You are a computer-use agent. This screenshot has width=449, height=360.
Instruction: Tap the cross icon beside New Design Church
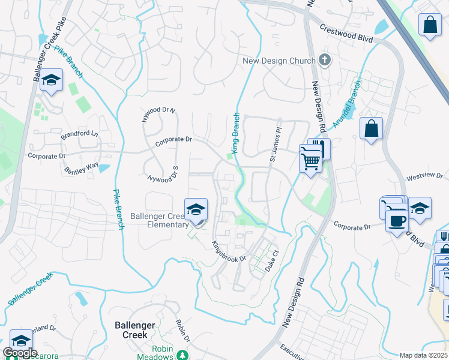(x=325, y=60)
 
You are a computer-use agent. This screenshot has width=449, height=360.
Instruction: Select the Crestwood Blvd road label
(x=346, y=34)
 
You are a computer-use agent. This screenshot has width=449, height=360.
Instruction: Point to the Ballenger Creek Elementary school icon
(x=196, y=210)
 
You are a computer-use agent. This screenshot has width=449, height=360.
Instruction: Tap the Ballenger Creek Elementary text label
(x=167, y=220)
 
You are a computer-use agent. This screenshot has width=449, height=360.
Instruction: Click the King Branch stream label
(x=236, y=133)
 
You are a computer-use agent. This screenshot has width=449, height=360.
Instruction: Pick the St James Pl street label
(x=275, y=147)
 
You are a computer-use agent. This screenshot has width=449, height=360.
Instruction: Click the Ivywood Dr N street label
(x=158, y=113)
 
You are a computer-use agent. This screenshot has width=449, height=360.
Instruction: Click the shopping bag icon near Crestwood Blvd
(x=430, y=26)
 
